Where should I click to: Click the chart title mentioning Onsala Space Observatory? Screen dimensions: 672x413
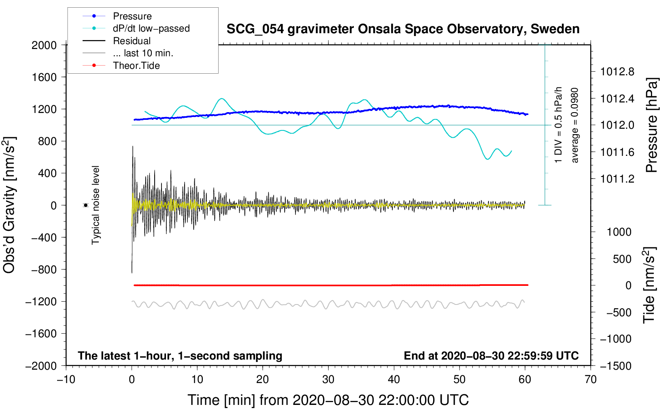click(403, 29)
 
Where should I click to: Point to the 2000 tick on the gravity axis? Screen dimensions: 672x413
click(44, 45)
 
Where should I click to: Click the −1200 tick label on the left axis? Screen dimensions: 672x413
click(41, 302)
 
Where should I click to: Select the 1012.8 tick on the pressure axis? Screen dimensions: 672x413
click(617, 72)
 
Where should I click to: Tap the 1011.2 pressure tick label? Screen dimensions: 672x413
click(617, 179)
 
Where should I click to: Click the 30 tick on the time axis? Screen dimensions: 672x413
click(328, 379)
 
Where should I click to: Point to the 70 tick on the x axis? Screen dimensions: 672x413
click(590, 379)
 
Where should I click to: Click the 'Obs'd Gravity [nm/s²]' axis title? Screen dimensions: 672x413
click(9, 205)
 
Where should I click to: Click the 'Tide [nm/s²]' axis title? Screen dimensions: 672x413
click(649, 285)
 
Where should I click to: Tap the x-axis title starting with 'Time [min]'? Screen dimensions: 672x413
click(328, 400)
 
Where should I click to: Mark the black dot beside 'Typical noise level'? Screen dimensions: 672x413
click(86, 205)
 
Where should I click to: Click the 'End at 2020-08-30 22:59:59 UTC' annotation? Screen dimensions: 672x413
click(491, 356)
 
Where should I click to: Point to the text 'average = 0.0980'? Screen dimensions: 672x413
click(574, 125)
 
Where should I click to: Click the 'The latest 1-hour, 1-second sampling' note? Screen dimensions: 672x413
click(180, 356)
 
